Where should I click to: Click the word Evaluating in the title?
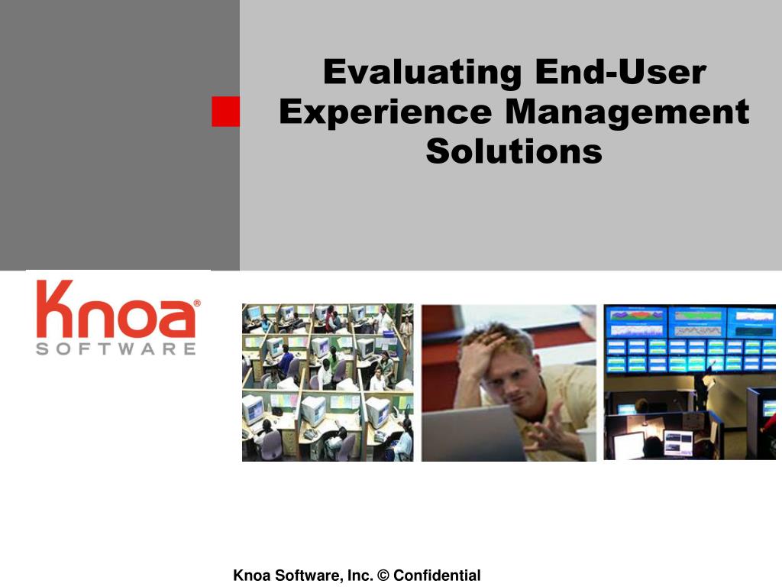(422, 73)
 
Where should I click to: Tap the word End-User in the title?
(621, 72)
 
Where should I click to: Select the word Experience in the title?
(386, 112)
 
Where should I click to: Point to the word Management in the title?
(628, 112)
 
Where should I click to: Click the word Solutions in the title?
(514, 151)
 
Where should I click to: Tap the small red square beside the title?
(225, 112)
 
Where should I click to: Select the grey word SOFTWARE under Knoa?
(116, 349)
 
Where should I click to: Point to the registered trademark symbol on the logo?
(197, 303)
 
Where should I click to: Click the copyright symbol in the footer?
(383, 575)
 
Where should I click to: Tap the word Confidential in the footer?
(437, 575)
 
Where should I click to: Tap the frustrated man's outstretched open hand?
(554, 430)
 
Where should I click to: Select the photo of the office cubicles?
(328, 382)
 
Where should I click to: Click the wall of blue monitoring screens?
(690, 339)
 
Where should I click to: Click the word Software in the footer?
(309, 575)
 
